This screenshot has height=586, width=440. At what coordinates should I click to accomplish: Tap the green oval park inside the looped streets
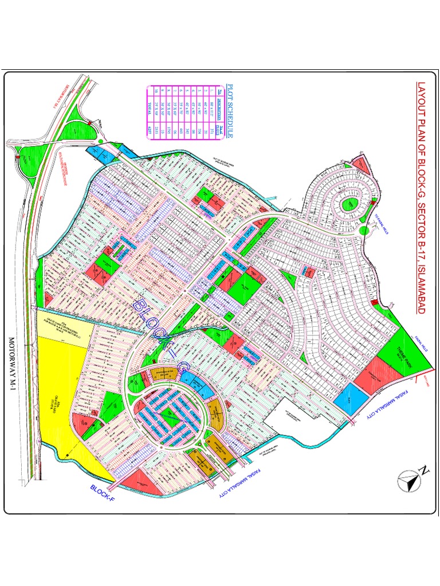pos(348,205)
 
